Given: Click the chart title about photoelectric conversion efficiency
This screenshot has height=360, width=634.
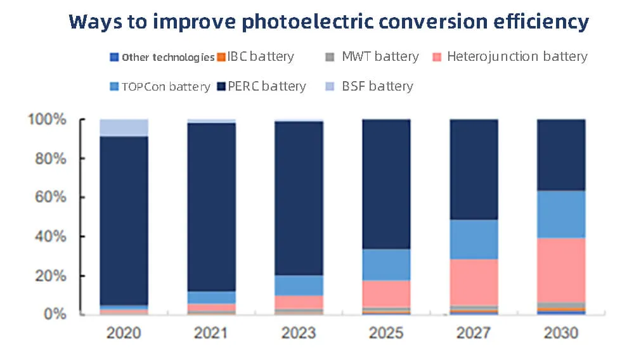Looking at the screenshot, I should pos(328,22).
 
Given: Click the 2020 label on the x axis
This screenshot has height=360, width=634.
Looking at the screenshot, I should pos(124,333).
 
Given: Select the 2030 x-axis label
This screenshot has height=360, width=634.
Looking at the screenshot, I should pos(561,333).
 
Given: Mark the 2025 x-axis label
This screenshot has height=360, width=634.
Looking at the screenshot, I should pos(386,333).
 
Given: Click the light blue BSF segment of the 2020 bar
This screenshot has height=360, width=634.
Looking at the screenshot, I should pos(124,127).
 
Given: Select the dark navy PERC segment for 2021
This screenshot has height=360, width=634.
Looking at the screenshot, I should pos(212,207).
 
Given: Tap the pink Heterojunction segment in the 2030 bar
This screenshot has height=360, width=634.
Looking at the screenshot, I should pos(561,269).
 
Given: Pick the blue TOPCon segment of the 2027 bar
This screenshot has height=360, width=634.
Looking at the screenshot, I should pos(474,239).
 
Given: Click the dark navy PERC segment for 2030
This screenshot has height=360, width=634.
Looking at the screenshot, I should pos(561,155).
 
